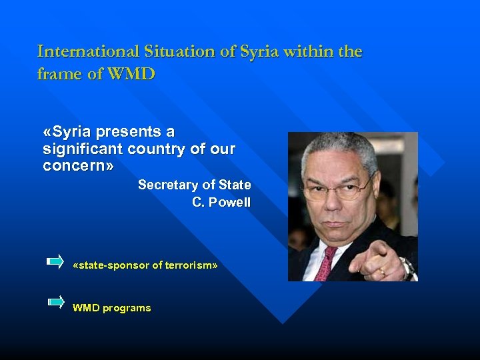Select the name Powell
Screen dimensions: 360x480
point(230,202)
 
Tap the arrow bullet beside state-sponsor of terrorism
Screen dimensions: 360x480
point(55,261)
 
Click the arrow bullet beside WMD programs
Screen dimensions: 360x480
point(55,302)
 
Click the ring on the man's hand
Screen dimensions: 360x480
point(382,271)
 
